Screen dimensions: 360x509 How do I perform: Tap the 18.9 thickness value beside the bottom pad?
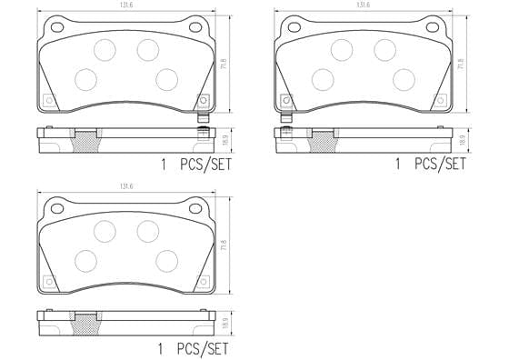click(227, 321)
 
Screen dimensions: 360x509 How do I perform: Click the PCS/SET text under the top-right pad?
click(440, 165)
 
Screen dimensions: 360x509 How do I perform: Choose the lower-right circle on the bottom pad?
click(166, 262)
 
